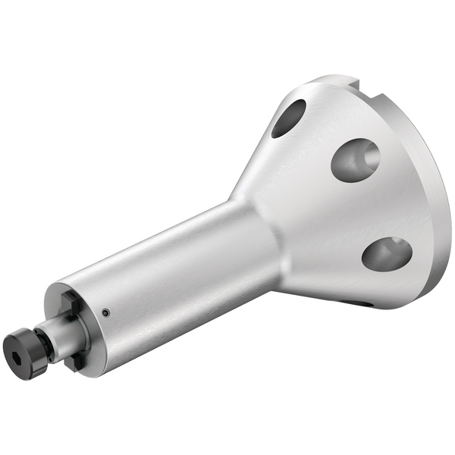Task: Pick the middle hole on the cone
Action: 355,159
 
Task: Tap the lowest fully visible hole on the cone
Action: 387,253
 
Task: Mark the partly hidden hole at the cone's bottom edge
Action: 356,303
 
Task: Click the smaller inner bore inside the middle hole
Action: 370,157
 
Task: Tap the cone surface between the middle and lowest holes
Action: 364,209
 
